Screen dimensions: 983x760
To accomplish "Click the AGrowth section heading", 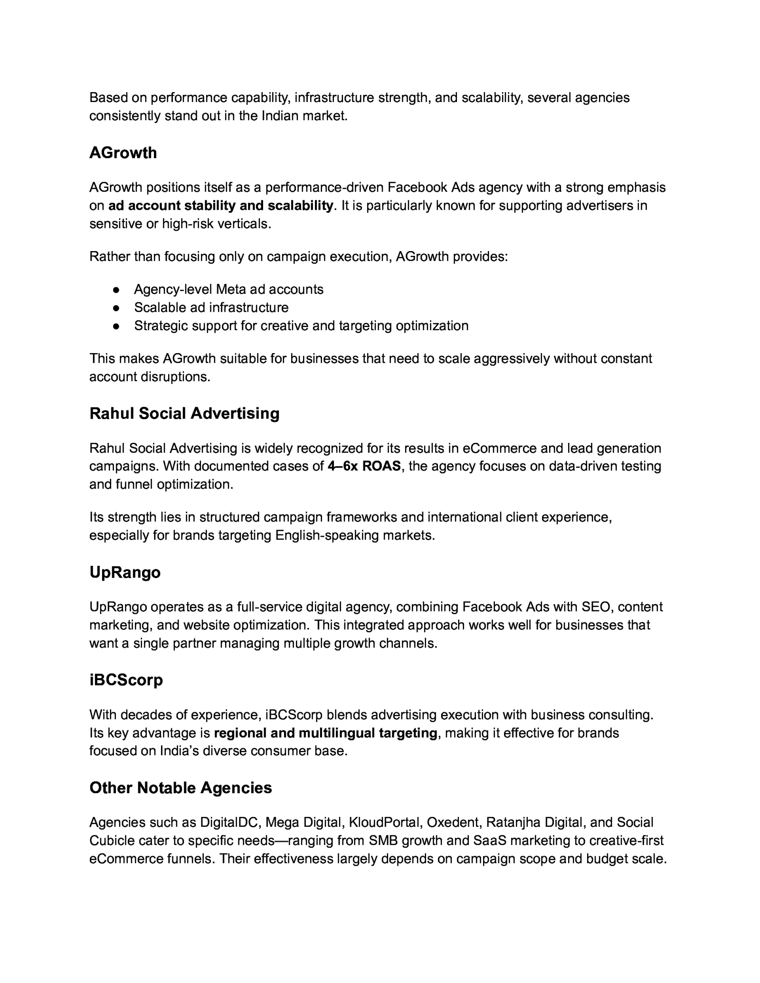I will click(x=123, y=153).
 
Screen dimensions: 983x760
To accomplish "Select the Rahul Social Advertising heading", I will click(x=184, y=413).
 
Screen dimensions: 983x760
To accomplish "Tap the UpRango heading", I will click(x=125, y=572).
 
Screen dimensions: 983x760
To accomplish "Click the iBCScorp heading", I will click(x=126, y=680).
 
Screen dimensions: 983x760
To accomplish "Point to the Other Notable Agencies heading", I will click(x=180, y=788).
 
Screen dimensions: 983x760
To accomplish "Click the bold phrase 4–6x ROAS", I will click(x=364, y=467).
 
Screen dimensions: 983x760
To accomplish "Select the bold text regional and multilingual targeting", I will click(x=326, y=733).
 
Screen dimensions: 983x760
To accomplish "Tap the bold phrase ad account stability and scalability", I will click(x=221, y=206).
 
